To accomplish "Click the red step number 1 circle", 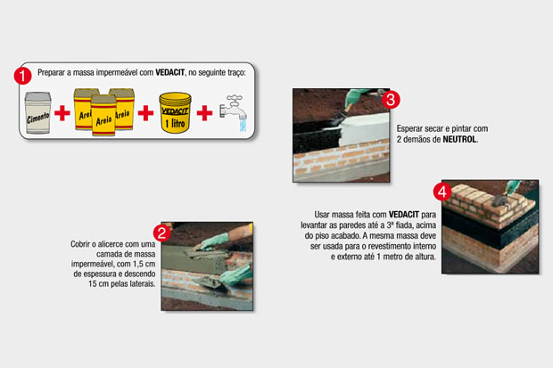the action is pyautogui.click(x=22, y=76).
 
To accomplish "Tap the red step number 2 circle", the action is pyautogui.click(x=161, y=233).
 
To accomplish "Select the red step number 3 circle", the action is pyautogui.click(x=391, y=100).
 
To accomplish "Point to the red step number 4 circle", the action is pyautogui.click(x=442, y=192).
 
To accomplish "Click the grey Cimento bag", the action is pyautogui.click(x=37, y=113).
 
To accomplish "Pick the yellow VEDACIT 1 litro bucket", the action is pyautogui.click(x=175, y=112).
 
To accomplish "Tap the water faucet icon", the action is pyautogui.click(x=233, y=112).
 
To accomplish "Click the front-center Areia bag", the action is pyautogui.click(x=103, y=115).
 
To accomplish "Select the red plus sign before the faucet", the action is pyautogui.click(x=204, y=113).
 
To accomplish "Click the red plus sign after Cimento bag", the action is pyautogui.click(x=62, y=113).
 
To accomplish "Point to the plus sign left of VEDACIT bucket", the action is pyautogui.click(x=145, y=113).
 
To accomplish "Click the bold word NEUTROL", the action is pyautogui.click(x=459, y=139).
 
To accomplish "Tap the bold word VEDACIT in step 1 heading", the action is pyautogui.click(x=170, y=72).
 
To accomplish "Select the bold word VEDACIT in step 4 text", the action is pyautogui.click(x=404, y=215).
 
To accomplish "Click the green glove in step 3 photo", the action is pyautogui.click(x=354, y=97).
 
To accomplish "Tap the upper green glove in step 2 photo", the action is pyautogui.click(x=212, y=241).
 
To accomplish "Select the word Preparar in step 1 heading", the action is pyautogui.click(x=52, y=72).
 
